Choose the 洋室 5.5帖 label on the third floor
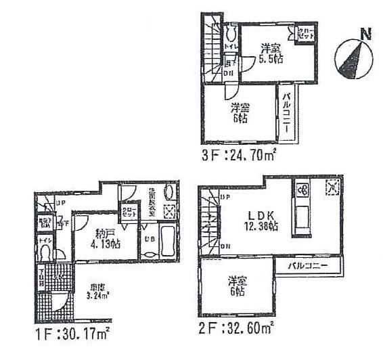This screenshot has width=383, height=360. tap(272, 52)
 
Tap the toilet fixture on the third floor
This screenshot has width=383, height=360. tap(231, 33)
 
